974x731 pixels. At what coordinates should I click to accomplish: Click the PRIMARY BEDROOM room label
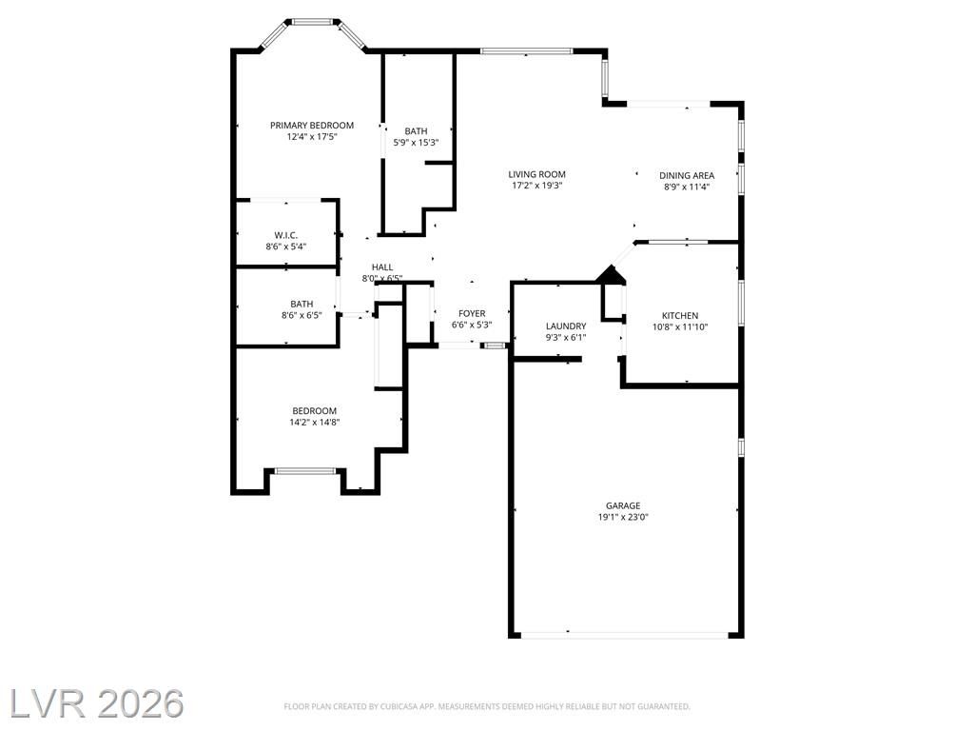tap(312, 126)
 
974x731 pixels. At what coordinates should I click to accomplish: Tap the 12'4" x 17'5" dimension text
tap(312, 137)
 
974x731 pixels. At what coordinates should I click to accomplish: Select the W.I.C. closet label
tap(285, 235)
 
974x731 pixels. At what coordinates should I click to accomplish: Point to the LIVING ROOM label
tap(536, 175)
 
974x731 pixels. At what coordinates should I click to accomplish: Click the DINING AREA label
tap(687, 176)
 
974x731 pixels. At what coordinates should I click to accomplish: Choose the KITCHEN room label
tap(680, 316)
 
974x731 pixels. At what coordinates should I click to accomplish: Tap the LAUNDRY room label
tap(566, 326)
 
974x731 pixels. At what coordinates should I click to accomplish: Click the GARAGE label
tap(623, 506)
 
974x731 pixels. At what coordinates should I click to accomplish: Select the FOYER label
tap(472, 314)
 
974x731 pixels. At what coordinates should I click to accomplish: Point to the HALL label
tap(382, 267)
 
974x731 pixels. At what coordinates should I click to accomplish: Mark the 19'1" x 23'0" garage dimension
tap(623, 517)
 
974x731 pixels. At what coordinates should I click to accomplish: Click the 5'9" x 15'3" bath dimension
tap(417, 143)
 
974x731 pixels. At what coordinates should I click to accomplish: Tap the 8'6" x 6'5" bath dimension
tap(302, 315)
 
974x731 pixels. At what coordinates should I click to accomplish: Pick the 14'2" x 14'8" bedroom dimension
tap(314, 422)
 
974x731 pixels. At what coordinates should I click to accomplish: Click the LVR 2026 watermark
tap(96, 703)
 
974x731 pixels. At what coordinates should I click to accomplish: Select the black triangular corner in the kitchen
tap(612, 275)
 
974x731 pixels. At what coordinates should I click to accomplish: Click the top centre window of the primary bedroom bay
tap(312, 23)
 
